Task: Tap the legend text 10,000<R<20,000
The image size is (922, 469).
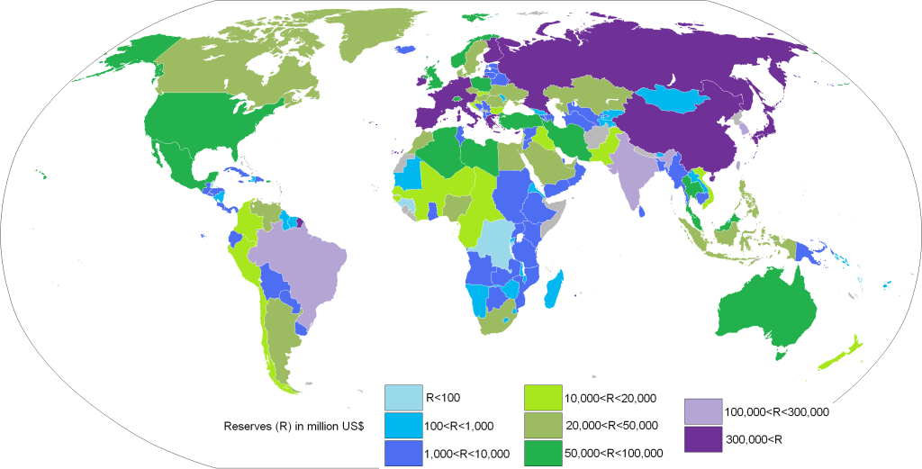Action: (610, 398)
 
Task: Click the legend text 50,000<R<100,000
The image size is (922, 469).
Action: (613, 453)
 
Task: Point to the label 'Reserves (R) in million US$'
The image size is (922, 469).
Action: (294, 425)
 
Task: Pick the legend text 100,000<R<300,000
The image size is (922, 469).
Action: (776, 411)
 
